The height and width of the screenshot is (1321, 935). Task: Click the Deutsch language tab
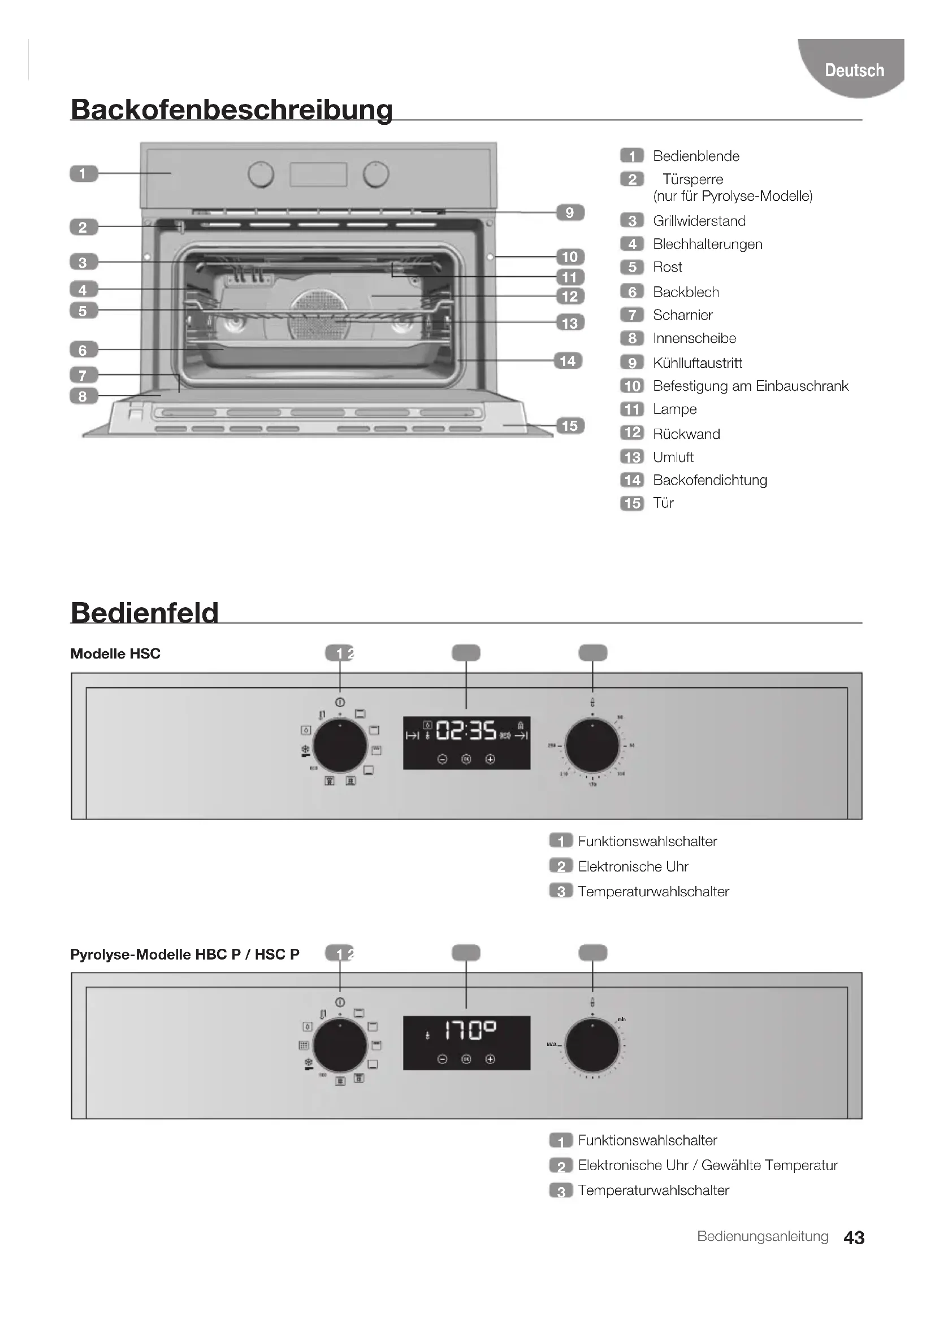pyautogui.click(x=854, y=70)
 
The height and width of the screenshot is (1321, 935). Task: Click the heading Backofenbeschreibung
pyautogui.click(x=231, y=110)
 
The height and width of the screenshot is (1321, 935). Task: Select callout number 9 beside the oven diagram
pyautogui.click(x=569, y=212)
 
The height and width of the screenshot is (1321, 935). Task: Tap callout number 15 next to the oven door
pyautogui.click(x=569, y=426)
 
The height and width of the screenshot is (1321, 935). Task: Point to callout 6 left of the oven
pyautogui.click(x=83, y=349)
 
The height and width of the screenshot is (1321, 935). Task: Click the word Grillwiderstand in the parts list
pyautogui.click(x=699, y=221)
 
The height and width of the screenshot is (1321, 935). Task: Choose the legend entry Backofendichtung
pyautogui.click(x=709, y=480)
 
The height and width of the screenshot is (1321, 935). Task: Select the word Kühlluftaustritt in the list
pyautogui.click(x=697, y=363)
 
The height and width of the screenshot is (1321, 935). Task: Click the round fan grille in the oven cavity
pyautogui.click(x=319, y=313)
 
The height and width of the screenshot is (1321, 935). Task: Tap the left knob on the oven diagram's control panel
pyautogui.click(x=261, y=175)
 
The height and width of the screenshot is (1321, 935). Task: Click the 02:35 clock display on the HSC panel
pyautogui.click(x=466, y=731)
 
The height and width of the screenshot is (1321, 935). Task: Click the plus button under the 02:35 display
pyautogui.click(x=490, y=759)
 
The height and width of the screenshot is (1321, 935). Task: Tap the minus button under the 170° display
pyautogui.click(x=442, y=1058)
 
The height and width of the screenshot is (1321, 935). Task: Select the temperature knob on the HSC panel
pyautogui.click(x=592, y=745)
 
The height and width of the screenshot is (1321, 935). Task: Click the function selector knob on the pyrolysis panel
pyautogui.click(x=340, y=1045)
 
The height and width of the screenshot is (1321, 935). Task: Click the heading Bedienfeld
pyautogui.click(x=145, y=612)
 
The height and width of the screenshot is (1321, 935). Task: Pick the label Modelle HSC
pyautogui.click(x=115, y=653)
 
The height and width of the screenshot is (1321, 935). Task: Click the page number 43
pyautogui.click(x=853, y=1237)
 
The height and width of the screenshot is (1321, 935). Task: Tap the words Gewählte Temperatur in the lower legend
pyautogui.click(x=769, y=1165)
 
